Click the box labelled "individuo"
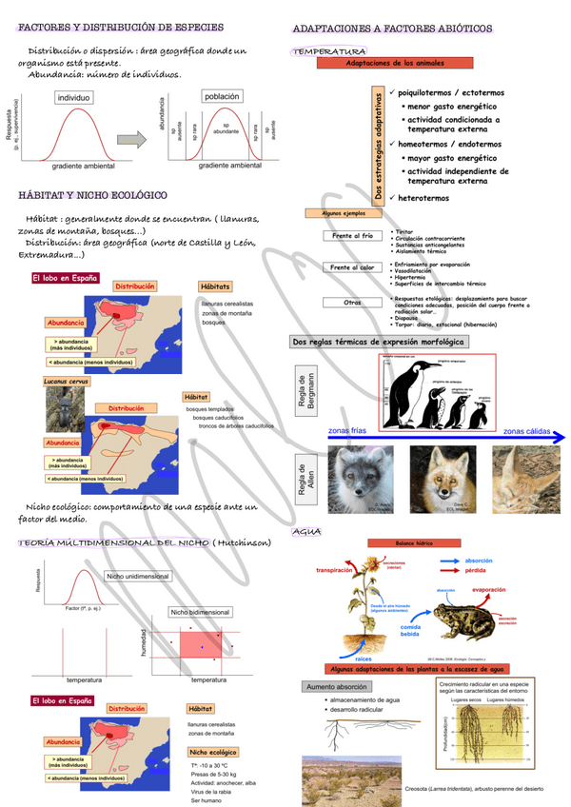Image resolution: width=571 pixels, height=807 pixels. [74, 97]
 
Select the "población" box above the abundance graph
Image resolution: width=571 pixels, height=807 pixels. [222, 97]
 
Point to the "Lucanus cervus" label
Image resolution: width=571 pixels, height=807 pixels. [66, 381]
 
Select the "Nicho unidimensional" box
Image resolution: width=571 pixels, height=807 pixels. [137, 576]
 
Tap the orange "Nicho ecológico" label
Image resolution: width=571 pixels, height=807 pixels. [213, 752]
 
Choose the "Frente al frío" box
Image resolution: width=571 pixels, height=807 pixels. [352, 235]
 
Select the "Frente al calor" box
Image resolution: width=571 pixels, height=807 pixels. [352, 267]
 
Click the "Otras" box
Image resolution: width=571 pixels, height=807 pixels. [352, 302]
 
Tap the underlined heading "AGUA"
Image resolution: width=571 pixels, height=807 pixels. [307, 531]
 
